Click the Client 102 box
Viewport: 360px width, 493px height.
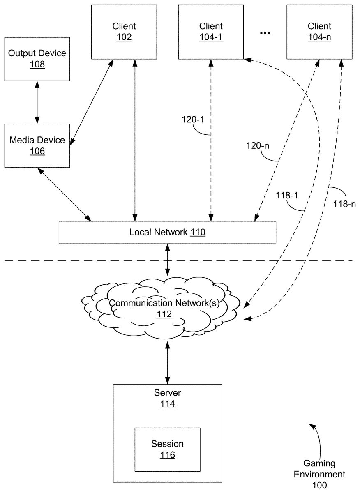click(124, 32)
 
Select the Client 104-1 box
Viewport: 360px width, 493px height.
click(211, 32)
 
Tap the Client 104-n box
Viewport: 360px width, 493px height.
click(319, 32)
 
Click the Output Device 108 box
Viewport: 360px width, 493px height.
click(37, 58)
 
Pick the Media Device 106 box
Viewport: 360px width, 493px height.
click(37, 145)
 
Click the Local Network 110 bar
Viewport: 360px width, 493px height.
click(167, 233)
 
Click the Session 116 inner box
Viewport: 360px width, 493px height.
click(167, 449)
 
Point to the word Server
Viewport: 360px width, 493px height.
click(167, 393)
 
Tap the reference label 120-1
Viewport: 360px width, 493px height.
click(193, 120)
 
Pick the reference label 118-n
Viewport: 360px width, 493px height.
click(344, 204)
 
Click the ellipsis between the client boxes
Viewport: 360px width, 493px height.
click(265, 33)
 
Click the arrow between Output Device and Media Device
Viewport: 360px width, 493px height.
click(37, 102)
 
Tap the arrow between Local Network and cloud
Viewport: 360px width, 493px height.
click(167, 260)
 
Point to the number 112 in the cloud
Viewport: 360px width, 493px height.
click(164, 314)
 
